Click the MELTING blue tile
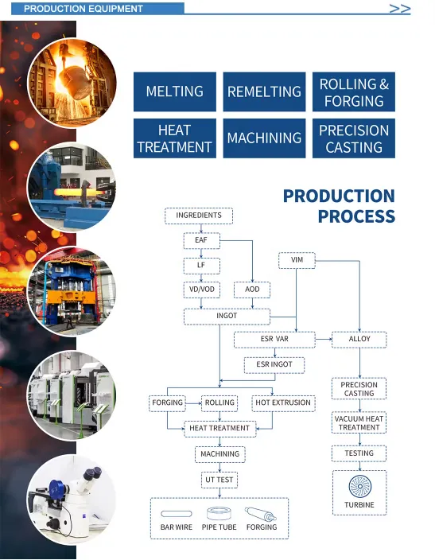point(175,91)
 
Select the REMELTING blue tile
point(264,91)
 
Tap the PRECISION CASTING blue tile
point(354,138)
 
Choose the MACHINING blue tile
point(264,138)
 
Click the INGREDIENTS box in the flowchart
point(199,216)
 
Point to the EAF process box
point(201,240)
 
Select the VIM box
point(297,260)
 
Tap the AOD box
point(252,290)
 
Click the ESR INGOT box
point(274,364)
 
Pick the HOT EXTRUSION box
point(283,403)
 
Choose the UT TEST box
point(219,480)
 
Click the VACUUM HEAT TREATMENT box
point(359,423)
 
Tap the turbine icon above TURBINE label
point(359,487)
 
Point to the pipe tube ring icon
point(219,514)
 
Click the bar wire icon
point(177,514)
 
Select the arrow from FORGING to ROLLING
point(193,403)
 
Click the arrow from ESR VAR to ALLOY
point(324,339)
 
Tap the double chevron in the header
point(400,9)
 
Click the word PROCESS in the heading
point(356,216)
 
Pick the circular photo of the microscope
point(72,499)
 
